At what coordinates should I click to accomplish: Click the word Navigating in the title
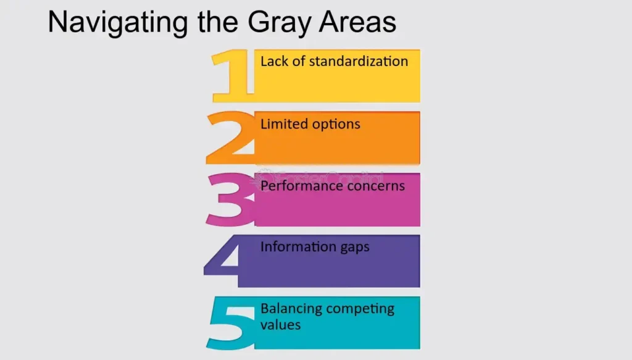[x=118, y=23]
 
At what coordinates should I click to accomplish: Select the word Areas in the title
[x=357, y=22]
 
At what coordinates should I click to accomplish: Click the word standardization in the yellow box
[x=359, y=61]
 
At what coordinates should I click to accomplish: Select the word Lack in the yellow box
[x=274, y=61]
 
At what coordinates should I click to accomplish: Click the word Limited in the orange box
[x=284, y=123]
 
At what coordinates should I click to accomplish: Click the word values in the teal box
[x=281, y=325]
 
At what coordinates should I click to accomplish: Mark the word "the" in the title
[x=218, y=22]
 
